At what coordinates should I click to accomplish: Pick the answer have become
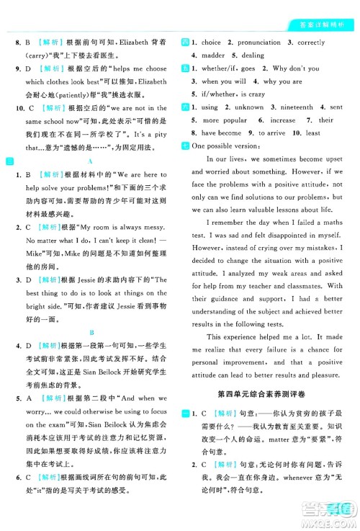pyautogui.click(x=221, y=133)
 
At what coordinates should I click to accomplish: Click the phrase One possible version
pyautogui.click(x=223, y=146)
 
